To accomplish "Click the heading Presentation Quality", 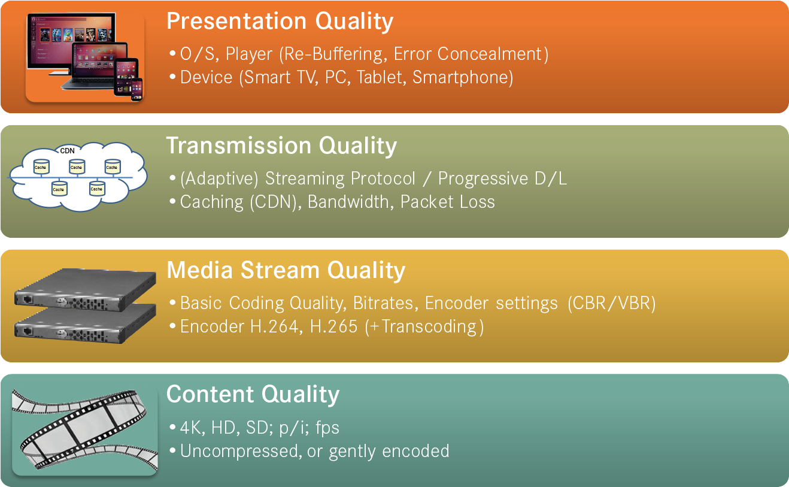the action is point(280,22).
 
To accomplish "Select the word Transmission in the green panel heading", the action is point(238,146).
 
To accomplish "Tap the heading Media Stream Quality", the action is point(286,271).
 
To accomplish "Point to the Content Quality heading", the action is point(253,395).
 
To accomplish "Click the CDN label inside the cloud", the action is point(67,151).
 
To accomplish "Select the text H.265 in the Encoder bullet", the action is point(333,326).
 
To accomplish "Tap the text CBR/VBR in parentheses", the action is point(611,303).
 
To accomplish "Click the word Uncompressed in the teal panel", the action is point(241,451).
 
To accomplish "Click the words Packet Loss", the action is point(447,202).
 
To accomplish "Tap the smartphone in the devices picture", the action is point(136,89).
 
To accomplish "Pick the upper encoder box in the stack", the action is point(85,290).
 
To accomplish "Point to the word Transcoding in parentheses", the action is point(429,326).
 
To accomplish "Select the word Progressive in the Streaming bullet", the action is point(483,179).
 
